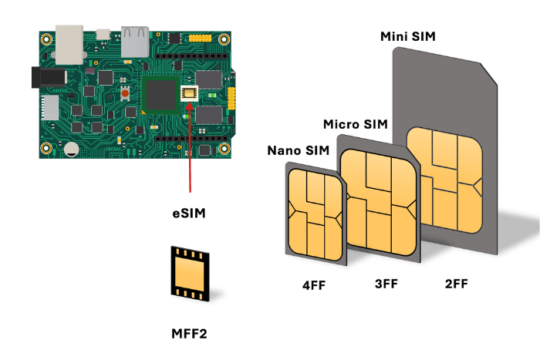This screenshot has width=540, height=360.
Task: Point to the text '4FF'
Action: pos(314,285)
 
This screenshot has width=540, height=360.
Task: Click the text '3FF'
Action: pos(386,284)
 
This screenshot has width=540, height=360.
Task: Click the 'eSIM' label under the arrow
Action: pos(189,210)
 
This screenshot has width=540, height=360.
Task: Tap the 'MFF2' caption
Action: pos(189,334)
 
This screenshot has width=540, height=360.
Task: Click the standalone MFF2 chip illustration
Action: pos(191,274)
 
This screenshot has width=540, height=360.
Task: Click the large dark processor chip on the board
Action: pos(161,96)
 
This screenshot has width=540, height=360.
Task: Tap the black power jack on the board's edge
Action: pos(35,77)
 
